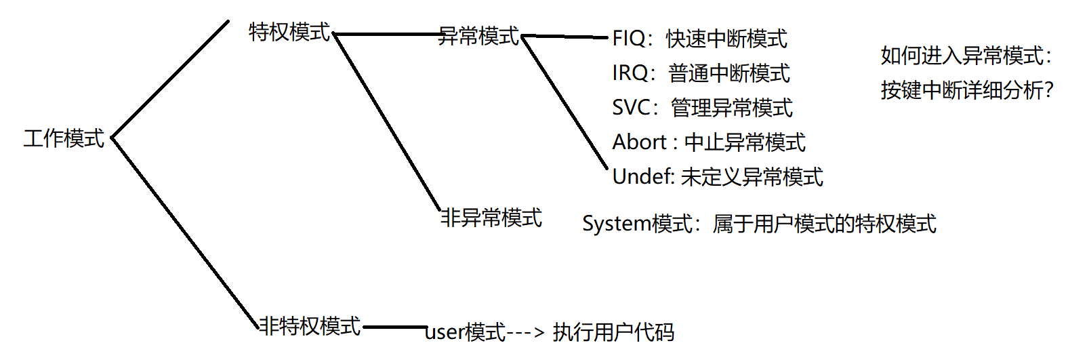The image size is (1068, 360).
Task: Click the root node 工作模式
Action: tap(64, 138)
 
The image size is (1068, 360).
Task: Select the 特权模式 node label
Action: tap(289, 32)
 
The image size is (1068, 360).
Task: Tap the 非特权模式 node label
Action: tap(310, 326)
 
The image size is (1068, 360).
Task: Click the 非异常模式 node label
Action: tap(491, 218)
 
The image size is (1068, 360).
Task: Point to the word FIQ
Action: tap(628, 38)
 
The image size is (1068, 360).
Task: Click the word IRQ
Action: tap(630, 73)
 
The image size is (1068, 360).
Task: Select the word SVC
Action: tap(631, 107)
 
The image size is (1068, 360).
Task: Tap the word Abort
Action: tap(639, 142)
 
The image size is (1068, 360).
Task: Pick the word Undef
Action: tap(641, 176)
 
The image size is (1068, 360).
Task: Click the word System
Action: tap(617, 223)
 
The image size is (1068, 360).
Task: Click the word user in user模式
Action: tap(445, 332)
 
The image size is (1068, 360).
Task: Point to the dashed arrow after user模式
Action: tap(526, 332)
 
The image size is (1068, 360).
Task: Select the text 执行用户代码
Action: tap(613, 332)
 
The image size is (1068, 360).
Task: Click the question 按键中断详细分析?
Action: tap(967, 90)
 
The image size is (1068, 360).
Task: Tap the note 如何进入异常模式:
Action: tap(966, 56)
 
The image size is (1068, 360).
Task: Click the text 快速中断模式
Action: tap(726, 39)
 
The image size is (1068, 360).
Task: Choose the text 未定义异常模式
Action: tap(752, 176)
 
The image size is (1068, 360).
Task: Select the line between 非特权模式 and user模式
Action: tap(393, 327)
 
